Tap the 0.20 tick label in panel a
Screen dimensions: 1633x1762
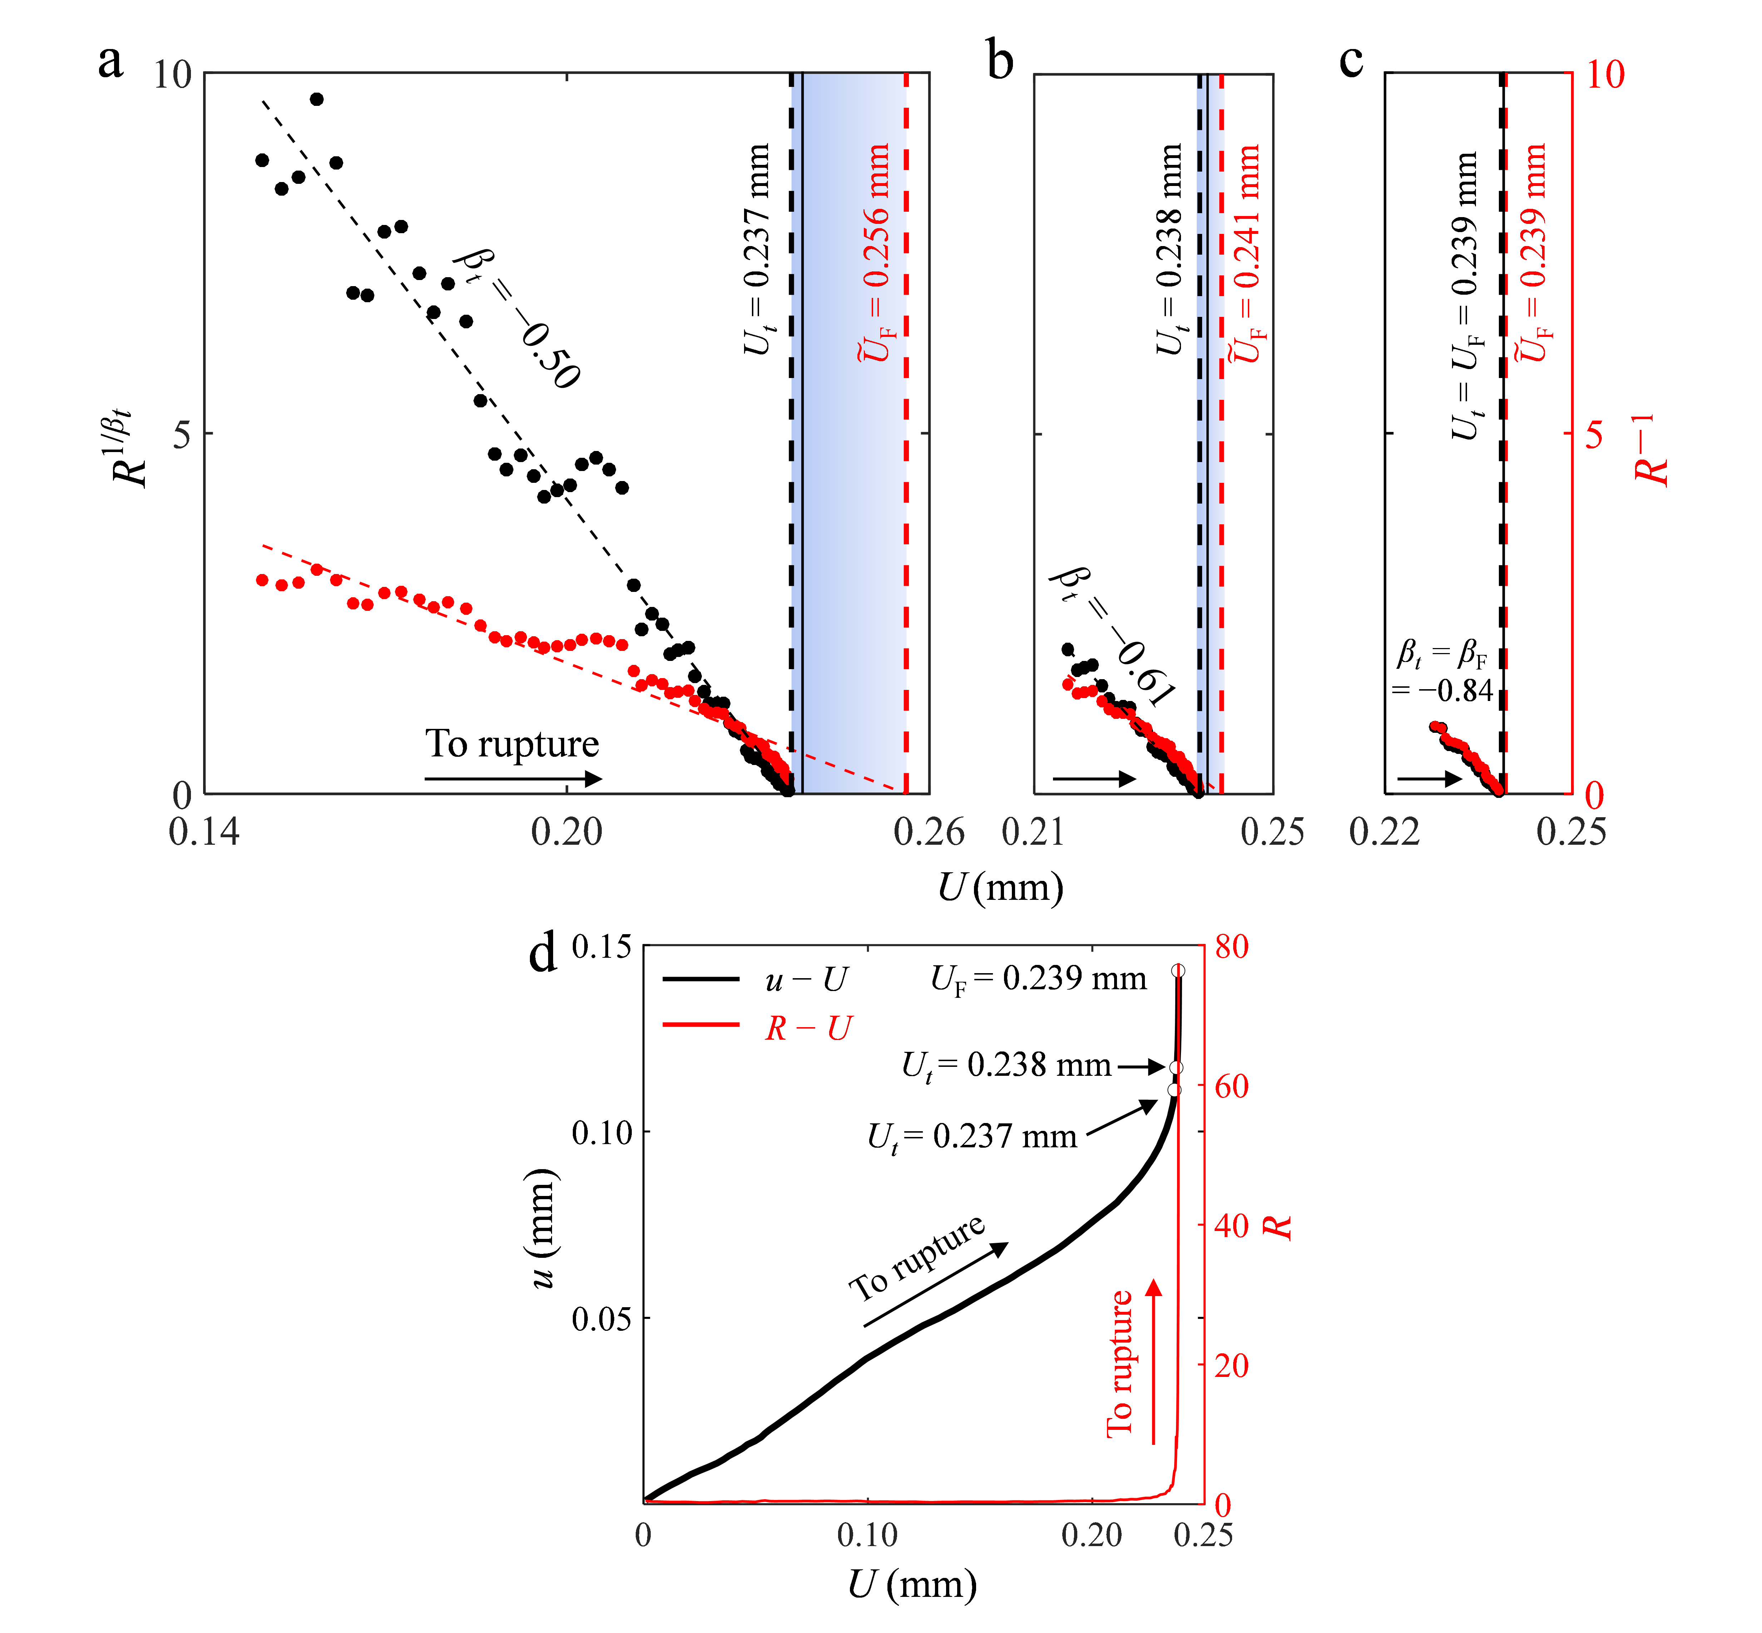(x=566, y=832)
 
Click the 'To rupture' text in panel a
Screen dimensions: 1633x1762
(x=512, y=744)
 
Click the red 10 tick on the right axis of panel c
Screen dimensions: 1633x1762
(x=1605, y=75)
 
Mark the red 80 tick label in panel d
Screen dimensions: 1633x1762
(x=1231, y=947)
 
